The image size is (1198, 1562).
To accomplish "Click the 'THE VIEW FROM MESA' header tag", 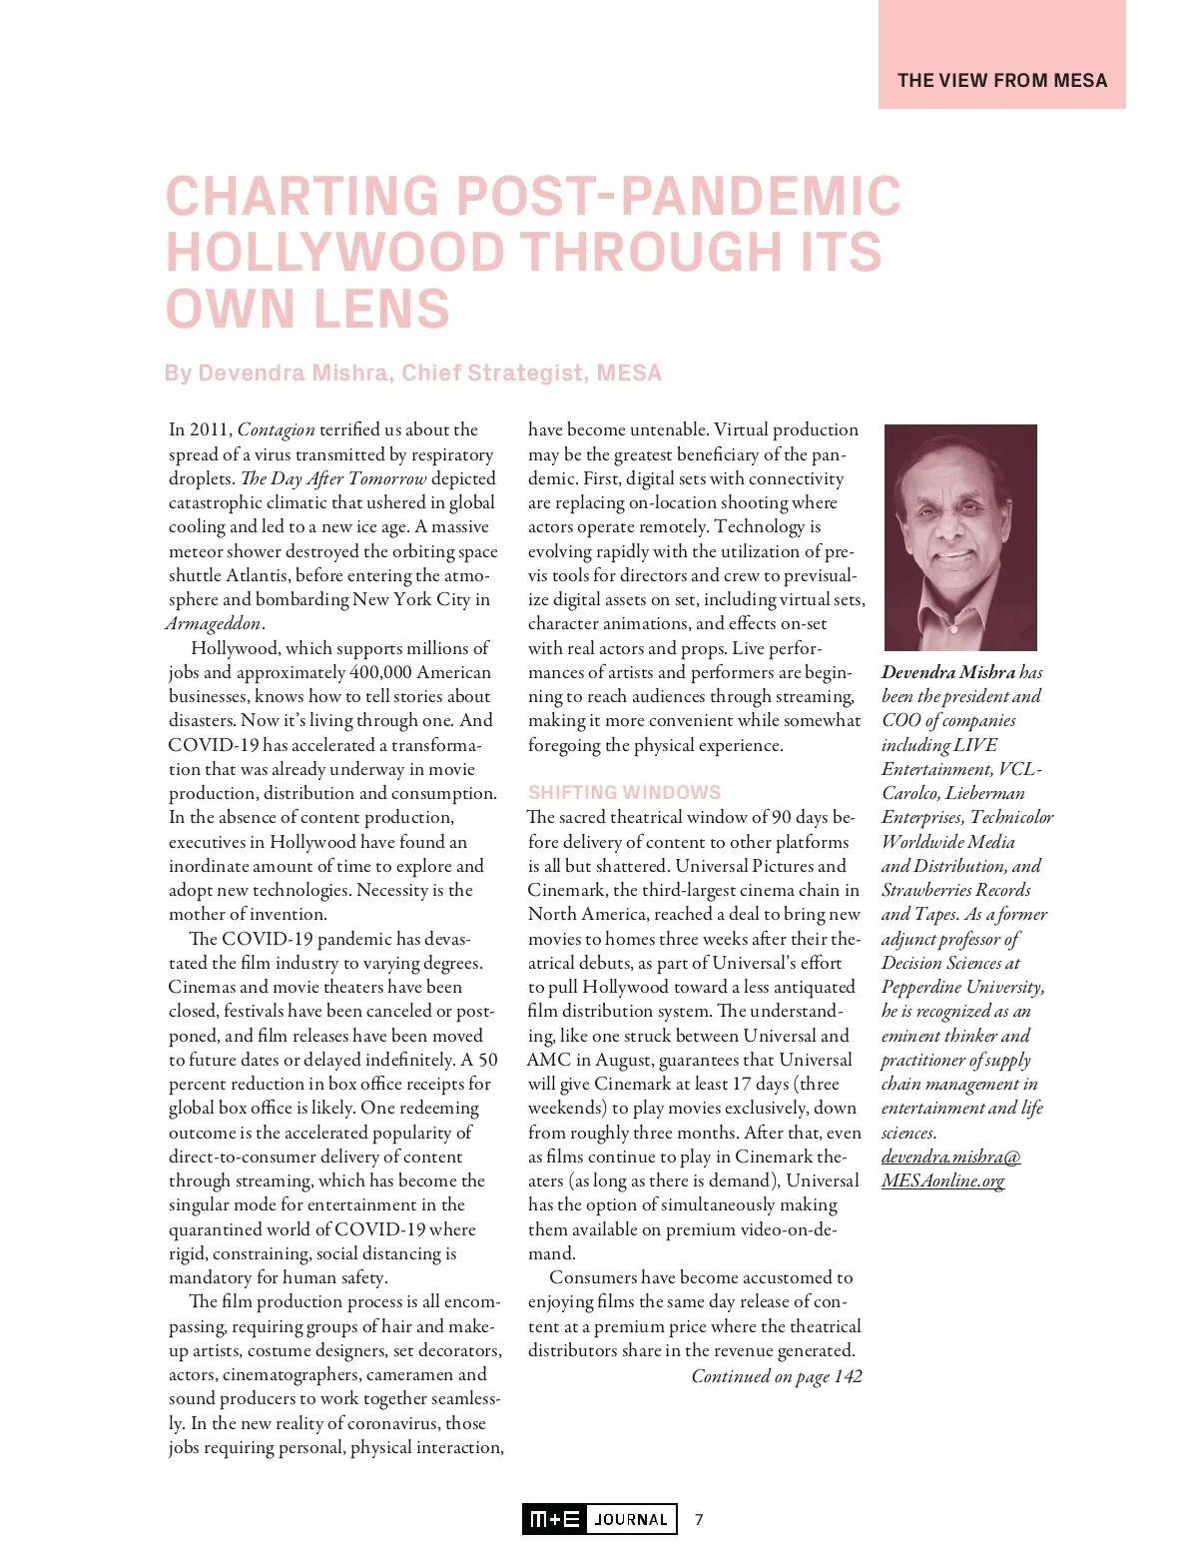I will (1002, 81).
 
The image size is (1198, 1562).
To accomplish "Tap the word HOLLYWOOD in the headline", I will (335, 253).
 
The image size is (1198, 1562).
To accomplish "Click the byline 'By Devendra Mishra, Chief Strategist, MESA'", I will (412, 374).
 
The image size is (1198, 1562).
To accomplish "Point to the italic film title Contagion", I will (276, 430).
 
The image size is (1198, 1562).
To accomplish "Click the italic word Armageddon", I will (213, 624).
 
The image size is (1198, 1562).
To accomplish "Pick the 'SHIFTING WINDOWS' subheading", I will (624, 793).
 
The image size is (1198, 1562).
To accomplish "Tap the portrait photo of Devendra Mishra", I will (960, 537).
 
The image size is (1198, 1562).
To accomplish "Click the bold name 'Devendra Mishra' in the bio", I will (947, 673).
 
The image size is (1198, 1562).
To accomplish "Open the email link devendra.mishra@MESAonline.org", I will (950, 1170).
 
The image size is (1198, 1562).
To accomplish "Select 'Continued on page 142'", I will (777, 1376).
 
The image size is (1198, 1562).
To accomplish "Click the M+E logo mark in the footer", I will (554, 1519).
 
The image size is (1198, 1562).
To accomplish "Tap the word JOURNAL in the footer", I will (631, 1519).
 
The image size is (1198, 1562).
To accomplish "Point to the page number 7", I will (699, 1519).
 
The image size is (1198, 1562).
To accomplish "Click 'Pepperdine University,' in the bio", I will (962, 988).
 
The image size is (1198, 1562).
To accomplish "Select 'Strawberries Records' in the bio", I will (955, 891).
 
